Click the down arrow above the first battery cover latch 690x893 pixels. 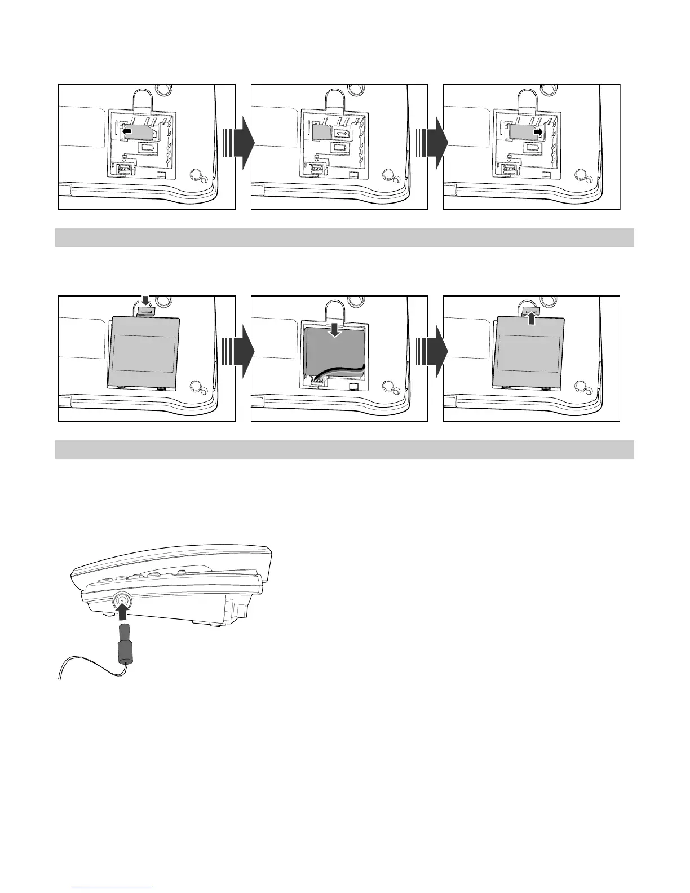145,302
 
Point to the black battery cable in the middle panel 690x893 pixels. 338,370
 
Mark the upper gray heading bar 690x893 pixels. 344,237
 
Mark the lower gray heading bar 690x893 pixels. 344,450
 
